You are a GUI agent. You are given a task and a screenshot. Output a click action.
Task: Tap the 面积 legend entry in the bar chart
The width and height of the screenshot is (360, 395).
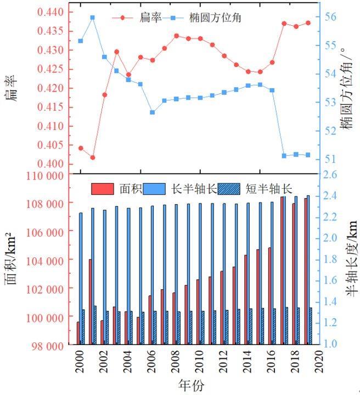117,189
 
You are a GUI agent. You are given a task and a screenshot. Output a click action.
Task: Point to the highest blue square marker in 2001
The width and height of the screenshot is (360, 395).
92,18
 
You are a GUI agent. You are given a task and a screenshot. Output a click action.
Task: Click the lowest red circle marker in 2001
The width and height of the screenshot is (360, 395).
92,157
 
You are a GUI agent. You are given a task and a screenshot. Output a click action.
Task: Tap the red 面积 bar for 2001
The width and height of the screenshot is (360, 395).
91,302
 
